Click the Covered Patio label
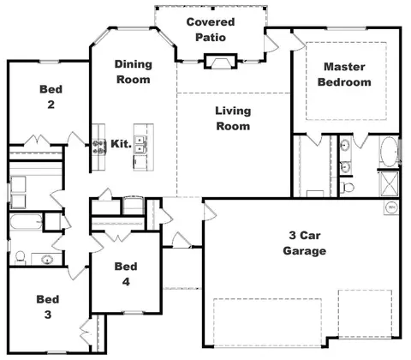pyautogui.click(x=211, y=30)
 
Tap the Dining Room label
pyautogui.click(x=134, y=72)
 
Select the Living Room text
pyautogui.click(x=233, y=118)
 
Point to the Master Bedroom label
pyautogui.click(x=344, y=75)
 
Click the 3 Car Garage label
pyautogui.click(x=305, y=243)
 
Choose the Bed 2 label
pyautogui.click(x=51, y=97)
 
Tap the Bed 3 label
pyautogui.click(x=48, y=307)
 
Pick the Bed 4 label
pyautogui.click(x=126, y=274)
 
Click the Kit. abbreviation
pyautogui.click(x=122, y=144)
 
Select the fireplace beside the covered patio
pyautogui.click(x=220, y=62)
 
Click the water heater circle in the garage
pyautogui.click(x=391, y=207)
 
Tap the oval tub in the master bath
pyautogui.click(x=390, y=152)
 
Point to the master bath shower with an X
pyautogui.click(x=390, y=183)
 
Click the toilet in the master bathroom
pyautogui.click(x=348, y=188)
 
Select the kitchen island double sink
pyautogui.click(x=140, y=144)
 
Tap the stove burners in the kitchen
pyautogui.click(x=98, y=146)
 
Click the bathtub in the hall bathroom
pyautogui.click(x=27, y=222)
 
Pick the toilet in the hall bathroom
pyautogui.click(x=20, y=257)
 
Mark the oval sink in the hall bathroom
pyautogui.click(x=47, y=260)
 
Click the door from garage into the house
pyautogui.click(x=210, y=210)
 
